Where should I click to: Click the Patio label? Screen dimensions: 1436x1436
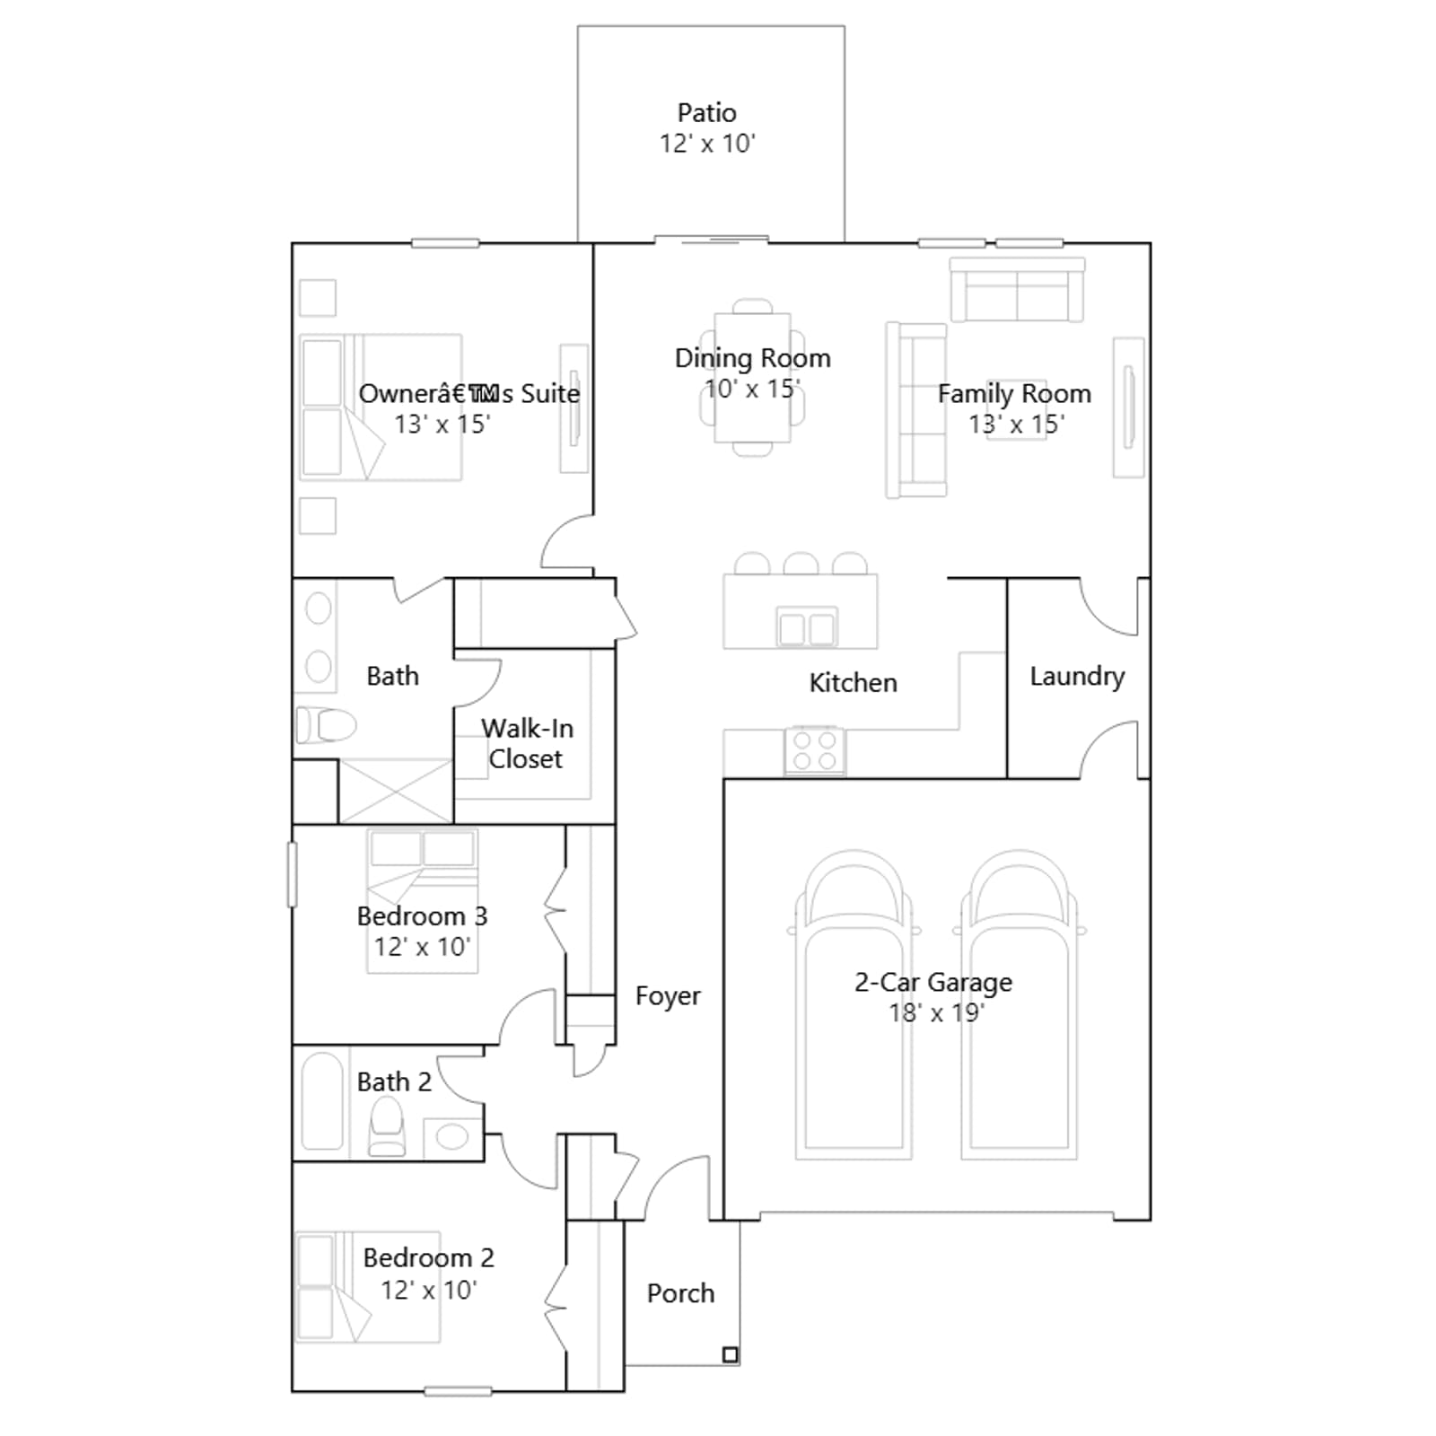pos(706,113)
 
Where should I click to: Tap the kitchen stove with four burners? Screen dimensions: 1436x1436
pos(815,750)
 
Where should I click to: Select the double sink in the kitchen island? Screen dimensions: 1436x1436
pos(807,627)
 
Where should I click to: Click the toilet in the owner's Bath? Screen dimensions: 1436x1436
pos(326,725)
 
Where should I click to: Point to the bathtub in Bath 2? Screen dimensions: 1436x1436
pos(322,1100)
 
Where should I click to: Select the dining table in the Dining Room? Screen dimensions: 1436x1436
pos(752,378)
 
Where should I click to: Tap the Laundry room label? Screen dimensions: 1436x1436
pos(1077,677)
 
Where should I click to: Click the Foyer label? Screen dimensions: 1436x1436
pos(668,996)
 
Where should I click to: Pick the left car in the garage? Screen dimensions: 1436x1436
pos(854,1004)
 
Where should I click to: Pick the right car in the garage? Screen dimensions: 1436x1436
pos(1020,1004)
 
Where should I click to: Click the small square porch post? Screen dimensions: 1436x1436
pos(731,1355)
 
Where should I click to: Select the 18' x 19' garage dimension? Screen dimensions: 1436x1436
pos(936,1013)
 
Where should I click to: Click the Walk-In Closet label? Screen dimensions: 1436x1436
pos(527,743)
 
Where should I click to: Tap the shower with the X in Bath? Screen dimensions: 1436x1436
pos(396,792)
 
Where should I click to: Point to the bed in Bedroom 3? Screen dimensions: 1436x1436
pos(422,901)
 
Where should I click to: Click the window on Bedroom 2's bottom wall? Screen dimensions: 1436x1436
pos(458,1391)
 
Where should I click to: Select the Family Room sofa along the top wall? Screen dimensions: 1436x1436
pos(1017,290)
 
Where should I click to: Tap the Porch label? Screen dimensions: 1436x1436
pos(681,1293)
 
